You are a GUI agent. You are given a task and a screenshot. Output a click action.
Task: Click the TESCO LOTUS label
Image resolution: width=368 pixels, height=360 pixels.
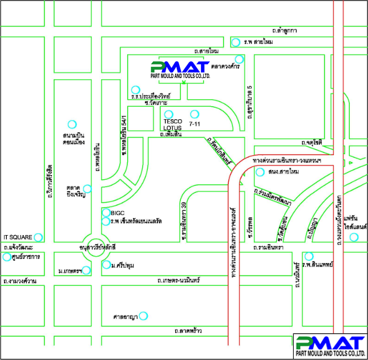(172, 125)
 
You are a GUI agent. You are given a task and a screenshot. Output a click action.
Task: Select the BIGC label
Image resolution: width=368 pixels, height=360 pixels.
(118, 213)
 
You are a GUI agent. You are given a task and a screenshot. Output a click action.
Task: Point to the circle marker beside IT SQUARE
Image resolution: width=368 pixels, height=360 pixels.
(38, 237)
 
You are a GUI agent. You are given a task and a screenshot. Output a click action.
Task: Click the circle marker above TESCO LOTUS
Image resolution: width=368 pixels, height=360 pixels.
(168, 114)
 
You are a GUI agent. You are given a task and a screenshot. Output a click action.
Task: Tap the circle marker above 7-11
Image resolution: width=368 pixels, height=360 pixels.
(195, 114)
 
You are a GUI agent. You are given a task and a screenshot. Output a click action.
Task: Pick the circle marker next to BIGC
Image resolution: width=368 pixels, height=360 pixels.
(106, 213)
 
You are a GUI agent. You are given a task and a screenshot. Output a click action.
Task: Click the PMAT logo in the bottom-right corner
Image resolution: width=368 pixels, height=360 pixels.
(330, 346)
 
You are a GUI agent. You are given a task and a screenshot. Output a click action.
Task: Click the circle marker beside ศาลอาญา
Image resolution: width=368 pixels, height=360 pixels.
(144, 315)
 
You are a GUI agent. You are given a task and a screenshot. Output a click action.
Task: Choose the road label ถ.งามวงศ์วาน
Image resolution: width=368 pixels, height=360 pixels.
(20, 281)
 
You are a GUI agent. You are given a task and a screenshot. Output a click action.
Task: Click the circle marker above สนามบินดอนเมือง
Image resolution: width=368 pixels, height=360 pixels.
(72, 124)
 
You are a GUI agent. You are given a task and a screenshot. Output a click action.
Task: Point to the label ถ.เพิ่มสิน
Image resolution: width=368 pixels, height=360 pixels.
(171, 136)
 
